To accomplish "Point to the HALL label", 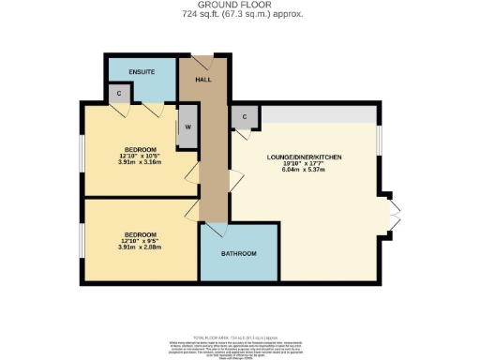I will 202,80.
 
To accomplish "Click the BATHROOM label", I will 239,254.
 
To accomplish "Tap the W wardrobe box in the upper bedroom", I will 187,128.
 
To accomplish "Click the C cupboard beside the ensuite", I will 118,94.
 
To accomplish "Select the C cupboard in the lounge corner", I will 244,117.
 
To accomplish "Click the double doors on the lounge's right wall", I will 394,224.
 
